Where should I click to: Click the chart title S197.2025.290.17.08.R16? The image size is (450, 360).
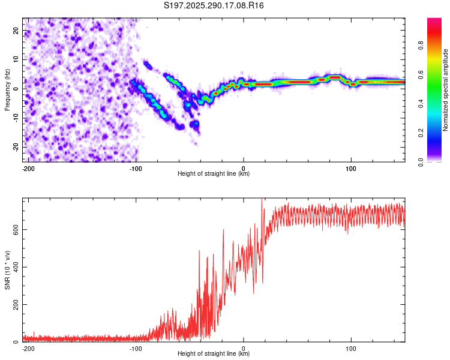pos(214,5)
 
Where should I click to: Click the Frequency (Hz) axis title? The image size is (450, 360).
pos(7,90)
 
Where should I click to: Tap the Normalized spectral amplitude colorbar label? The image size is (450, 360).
pos(446,90)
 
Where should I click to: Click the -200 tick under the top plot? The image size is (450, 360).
pos(28,168)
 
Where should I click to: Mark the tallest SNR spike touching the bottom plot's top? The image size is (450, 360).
pos(262,200)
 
